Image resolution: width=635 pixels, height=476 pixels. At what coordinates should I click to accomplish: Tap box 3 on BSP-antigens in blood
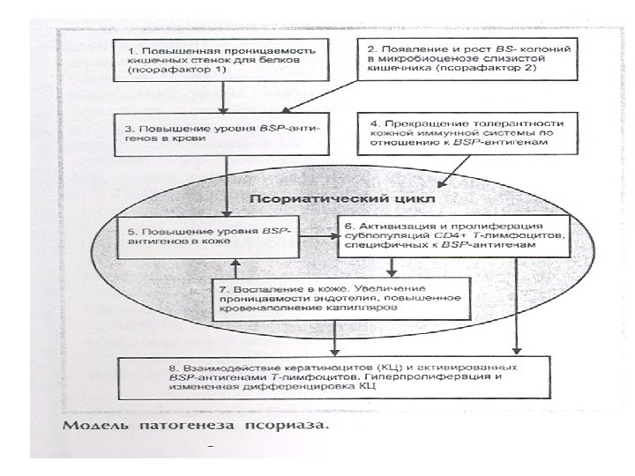pyautogui.click(x=226, y=133)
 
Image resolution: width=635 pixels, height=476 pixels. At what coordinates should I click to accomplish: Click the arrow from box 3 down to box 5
pyautogui.click(x=227, y=185)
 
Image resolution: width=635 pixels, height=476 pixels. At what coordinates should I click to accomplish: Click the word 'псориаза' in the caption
pyautogui.click(x=291, y=428)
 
